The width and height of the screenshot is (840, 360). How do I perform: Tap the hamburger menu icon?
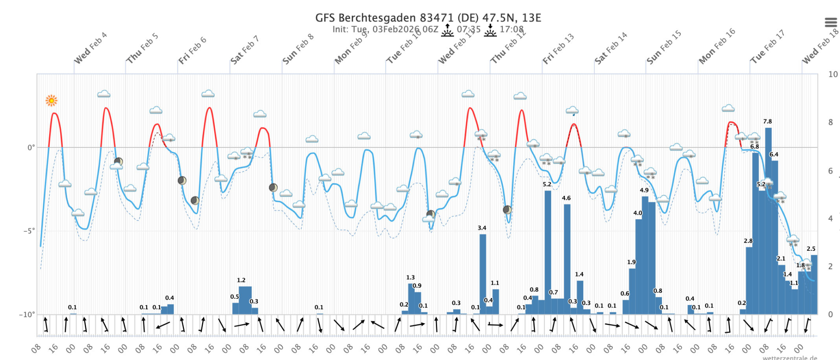(x=831, y=22)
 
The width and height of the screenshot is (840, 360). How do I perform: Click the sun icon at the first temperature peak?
(x=51, y=100)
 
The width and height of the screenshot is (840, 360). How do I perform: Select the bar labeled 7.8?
(x=768, y=218)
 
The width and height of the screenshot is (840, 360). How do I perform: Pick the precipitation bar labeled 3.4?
(x=483, y=273)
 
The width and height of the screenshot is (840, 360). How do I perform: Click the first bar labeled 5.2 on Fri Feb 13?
(x=548, y=252)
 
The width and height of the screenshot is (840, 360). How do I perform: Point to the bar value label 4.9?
(x=644, y=190)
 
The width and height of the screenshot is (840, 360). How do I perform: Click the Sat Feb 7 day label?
(x=244, y=50)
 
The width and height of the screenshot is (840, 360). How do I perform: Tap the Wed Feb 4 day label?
(x=90, y=48)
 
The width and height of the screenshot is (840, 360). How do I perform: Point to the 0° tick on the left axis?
(x=31, y=147)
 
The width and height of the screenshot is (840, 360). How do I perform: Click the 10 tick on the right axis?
(x=832, y=74)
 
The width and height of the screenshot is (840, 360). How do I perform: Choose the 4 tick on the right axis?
(x=830, y=218)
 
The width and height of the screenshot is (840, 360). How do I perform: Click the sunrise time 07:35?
(x=468, y=29)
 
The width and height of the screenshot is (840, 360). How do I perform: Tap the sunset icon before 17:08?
(x=490, y=30)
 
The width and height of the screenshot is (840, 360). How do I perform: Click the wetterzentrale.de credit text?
(x=790, y=357)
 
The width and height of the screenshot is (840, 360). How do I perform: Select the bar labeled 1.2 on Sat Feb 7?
(x=245, y=300)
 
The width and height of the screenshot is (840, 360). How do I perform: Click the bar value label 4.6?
(x=566, y=198)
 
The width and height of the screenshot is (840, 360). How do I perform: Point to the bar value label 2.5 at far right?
(x=811, y=249)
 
